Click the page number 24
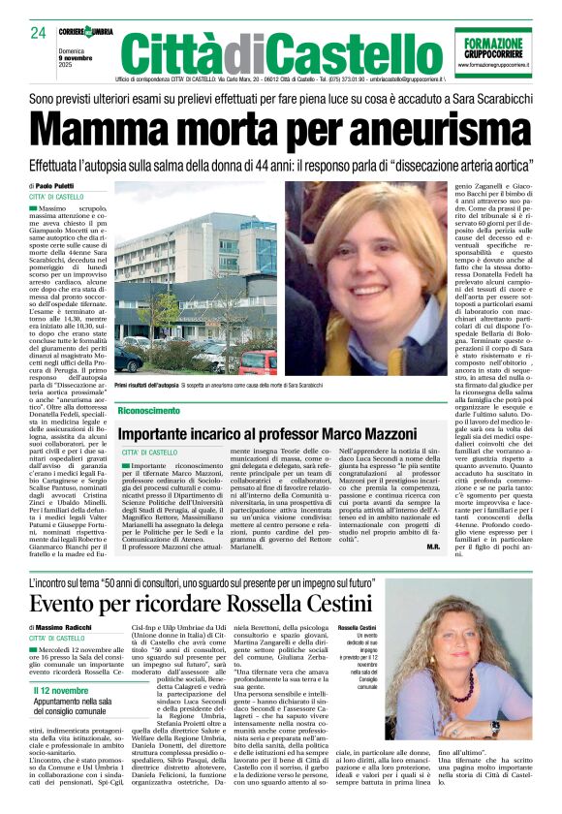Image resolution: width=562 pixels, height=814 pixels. point(38,34)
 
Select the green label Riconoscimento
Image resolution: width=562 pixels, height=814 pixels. point(148,411)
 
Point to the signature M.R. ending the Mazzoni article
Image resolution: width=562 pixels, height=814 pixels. point(431,547)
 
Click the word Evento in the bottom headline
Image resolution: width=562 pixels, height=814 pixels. point(72,605)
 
